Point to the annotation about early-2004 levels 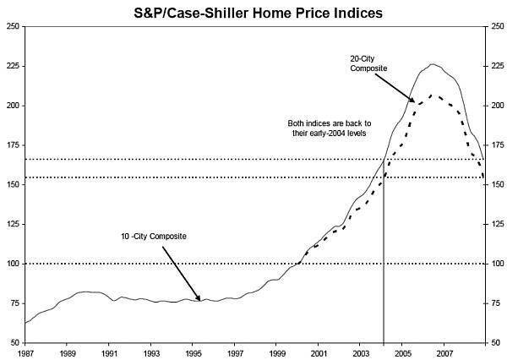(x=327, y=128)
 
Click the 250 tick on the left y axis (x=13, y=26)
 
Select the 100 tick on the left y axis (x=13, y=264)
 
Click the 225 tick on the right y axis (x=494, y=66)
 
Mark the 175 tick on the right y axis (x=494, y=145)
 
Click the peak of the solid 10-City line (x=433, y=64)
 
